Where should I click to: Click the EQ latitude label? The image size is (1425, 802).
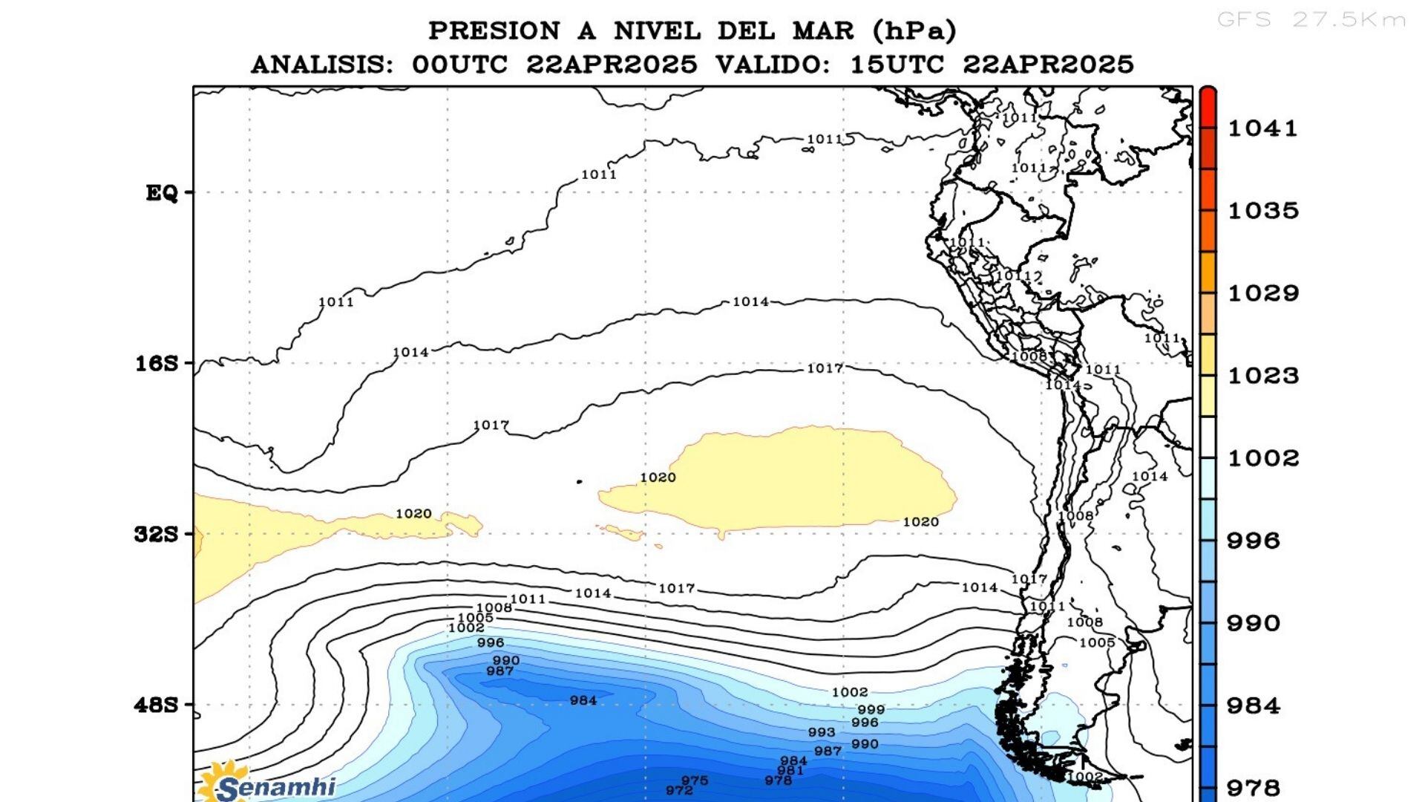pos(161,193)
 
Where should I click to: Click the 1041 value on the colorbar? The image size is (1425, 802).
pos(1262,128)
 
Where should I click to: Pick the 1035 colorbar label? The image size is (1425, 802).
pos(1262,211)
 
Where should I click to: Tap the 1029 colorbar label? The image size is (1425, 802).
pos(1262,293)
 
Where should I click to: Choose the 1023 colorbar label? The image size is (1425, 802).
pos(1262,376)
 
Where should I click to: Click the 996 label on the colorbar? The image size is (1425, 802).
pos(1254,541)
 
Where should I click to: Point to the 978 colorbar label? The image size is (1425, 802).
pos(1254,788)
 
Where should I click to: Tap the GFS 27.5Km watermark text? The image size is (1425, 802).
pos(1311,20)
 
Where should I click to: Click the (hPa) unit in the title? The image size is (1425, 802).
pos(914,31)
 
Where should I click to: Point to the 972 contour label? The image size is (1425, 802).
pos(679,791)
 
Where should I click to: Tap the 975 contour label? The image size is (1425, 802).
pos(695,780)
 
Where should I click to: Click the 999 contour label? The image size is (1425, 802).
pos(871,710)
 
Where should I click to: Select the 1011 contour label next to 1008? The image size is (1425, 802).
pos(528,599)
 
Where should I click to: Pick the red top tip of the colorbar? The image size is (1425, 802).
pos(1208,94)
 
